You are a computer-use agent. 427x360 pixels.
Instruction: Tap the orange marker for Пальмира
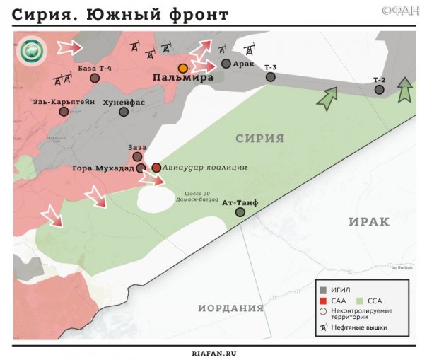[x=183, y=68]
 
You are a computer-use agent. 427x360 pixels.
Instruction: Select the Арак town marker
[x=226, y=64]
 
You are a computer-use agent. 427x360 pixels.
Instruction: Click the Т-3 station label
[x=271, y=67]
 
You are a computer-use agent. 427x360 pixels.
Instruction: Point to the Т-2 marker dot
[x=379, y=89]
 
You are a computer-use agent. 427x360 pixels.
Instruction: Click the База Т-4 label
[x=96, y=67]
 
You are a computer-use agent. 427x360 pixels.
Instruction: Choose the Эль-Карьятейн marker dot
[x=64, y=112]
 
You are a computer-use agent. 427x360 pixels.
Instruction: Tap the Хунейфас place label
[x=124, y=102]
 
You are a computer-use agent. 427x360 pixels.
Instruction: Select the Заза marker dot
[x=137, y=156]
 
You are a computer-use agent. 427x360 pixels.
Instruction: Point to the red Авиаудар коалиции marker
[x=156, y=168]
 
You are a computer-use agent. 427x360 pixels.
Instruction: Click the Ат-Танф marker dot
[x=240, y=212]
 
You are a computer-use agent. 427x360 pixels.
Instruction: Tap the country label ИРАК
[x=369, y=221]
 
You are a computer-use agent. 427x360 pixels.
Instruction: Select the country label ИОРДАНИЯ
[x=230, y=308]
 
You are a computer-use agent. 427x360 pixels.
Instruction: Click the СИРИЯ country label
[x=259, y=139]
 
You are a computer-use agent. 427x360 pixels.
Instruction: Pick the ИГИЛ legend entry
[x=339, y=289]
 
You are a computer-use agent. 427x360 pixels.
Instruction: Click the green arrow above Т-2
[x=404, y=91]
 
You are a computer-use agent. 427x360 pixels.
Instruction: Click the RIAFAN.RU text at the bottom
[x=213, y=352]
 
